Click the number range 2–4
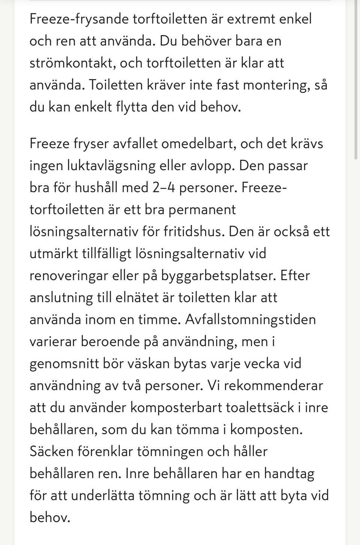click(164, 187)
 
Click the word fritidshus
click(193, 231)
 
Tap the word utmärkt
click(53, 253)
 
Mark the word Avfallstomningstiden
click(250, 320)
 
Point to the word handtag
click(289, 474)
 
